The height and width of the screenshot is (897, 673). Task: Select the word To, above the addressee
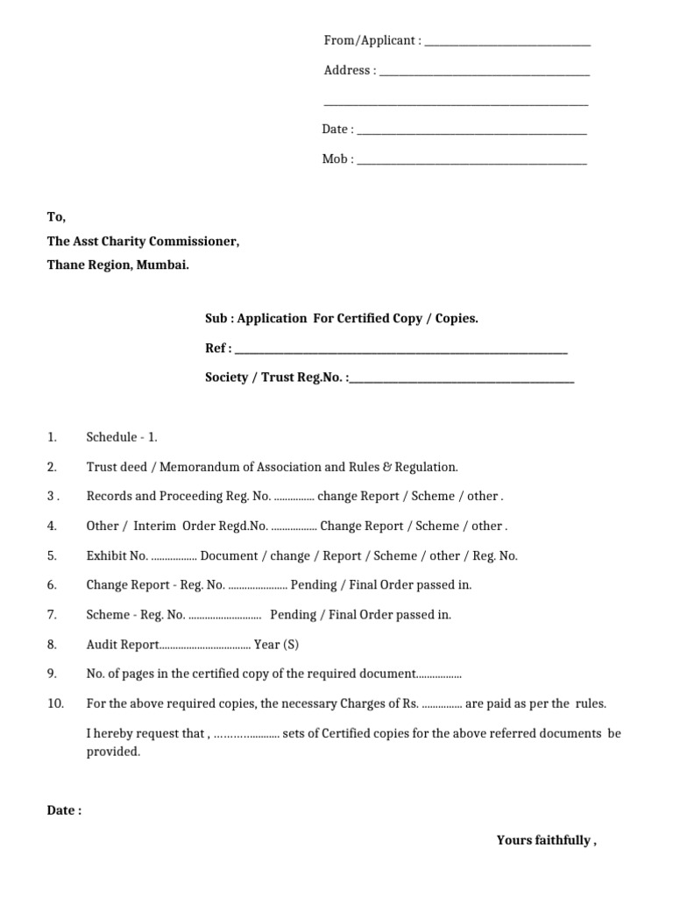[x=56, y=217]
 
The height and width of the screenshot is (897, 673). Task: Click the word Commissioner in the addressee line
[x=196, y=242]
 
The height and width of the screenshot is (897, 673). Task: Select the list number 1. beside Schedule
[x=52, y=437]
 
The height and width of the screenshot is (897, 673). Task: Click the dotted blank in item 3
[x=294, y=497]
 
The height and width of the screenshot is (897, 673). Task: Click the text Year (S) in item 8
[x=276, y=644]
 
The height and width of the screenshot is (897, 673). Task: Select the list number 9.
[x=52, y=674]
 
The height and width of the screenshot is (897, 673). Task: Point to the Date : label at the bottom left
[x=64, y=810]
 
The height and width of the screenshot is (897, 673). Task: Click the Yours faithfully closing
[x=546, y=840]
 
